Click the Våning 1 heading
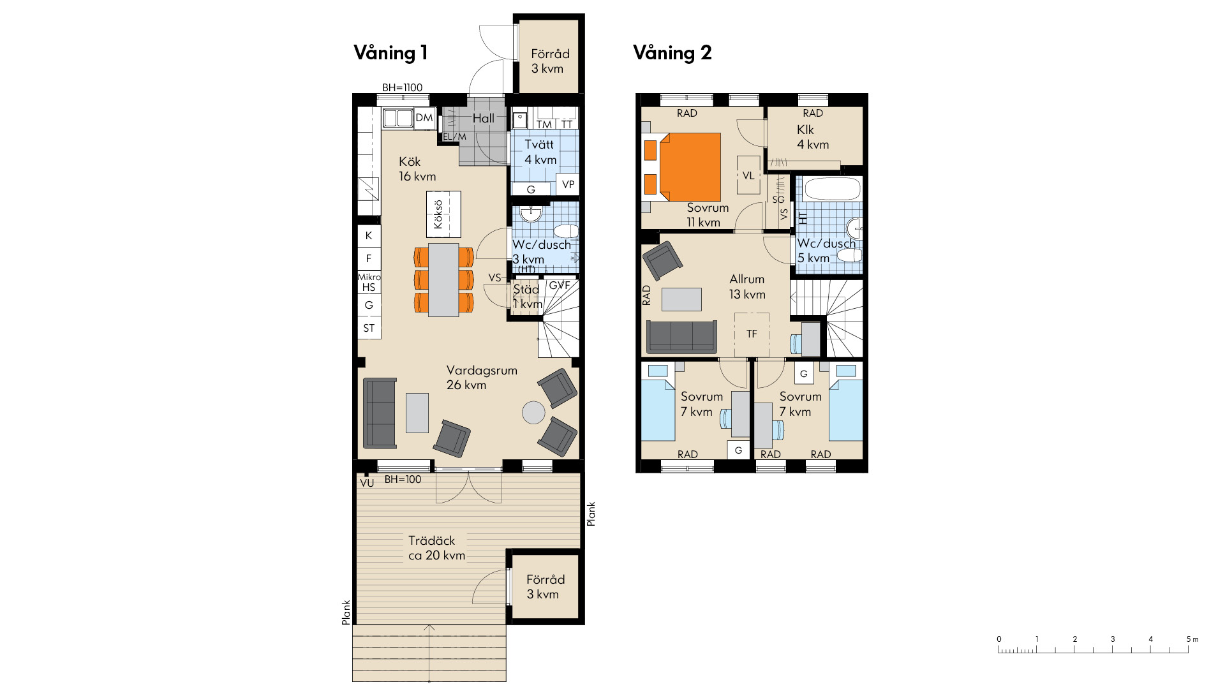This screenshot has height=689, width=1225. tap(390, 53)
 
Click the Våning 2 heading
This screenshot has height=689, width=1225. tap(672, 53)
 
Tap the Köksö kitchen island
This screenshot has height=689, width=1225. tap(443, 214)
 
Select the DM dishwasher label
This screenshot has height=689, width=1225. tap(424, 117)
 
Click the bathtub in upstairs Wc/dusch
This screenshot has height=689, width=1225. tap(833, 189)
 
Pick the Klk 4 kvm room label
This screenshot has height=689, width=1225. tap(813, 137)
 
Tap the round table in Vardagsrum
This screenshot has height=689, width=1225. tap(533, 412)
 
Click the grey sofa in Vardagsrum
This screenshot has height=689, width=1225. tap(380, 413)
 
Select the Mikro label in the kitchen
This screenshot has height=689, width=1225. tap(369, 277)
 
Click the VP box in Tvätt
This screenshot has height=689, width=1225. tap(568, 184)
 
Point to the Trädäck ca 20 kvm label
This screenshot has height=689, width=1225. tap(436, 548)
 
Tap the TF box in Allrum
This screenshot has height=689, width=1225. tap(752, 334)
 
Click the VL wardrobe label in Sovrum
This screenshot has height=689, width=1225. tap(748, 175)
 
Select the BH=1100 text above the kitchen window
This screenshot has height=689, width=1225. tap(402, 88)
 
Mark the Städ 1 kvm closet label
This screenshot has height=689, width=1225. tap(528, 297)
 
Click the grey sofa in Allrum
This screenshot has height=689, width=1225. tap(681, 336)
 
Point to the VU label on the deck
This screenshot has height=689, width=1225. tap(367, 483)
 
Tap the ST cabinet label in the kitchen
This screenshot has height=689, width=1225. tap(369, 329)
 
